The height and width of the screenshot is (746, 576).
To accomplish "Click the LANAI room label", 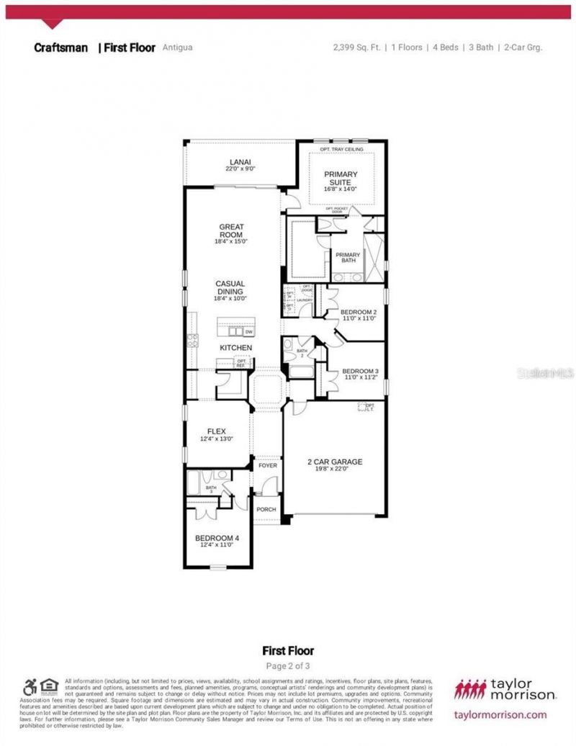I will pyautogui.click(x=241, y=162).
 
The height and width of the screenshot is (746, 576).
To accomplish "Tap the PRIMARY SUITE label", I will pyautogui.click(x=341, y=174).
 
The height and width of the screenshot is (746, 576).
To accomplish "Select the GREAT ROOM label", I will pyautogui.click(x=231, y=231).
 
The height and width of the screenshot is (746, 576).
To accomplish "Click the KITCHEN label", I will pyautogui.click(x=236, y=348).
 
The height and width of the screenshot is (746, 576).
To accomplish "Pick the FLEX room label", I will pyautogui.click(x=217, y=431).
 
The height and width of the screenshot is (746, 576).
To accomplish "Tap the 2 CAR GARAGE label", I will pyautogui.click(x=335, y=462).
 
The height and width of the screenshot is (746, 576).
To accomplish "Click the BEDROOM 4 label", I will pyautogui.click(x=217, y=538).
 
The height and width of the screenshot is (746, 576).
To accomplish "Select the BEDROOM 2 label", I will pyautogui.click(x=359, y=312).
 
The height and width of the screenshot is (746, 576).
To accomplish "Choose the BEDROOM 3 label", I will pyautogui.click(x=360, y=372).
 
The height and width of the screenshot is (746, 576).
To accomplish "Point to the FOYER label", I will pyautogui.click(x=268, y=465).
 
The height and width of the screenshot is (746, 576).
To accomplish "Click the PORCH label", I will pyautogui.click(x=267, y=509).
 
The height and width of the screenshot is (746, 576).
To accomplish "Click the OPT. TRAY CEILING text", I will pyautogui.click(x=341, y=149).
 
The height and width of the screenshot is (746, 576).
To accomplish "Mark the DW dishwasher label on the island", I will pyautogui.click(x=249, y=332).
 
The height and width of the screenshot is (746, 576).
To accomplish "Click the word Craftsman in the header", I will pyautogui.click(x=60, y=48).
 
